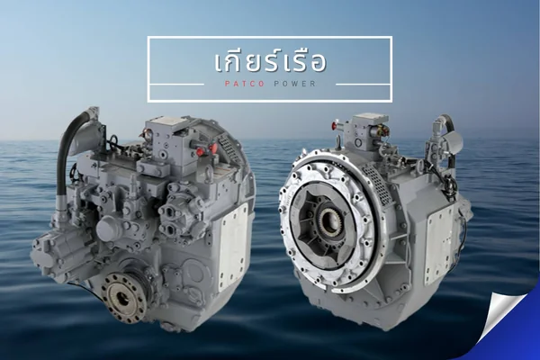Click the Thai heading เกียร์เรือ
[x=270, y=61]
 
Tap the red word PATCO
[x=245, y=84]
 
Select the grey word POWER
[x=295, y=84]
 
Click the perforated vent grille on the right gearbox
[x=377, y=183]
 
